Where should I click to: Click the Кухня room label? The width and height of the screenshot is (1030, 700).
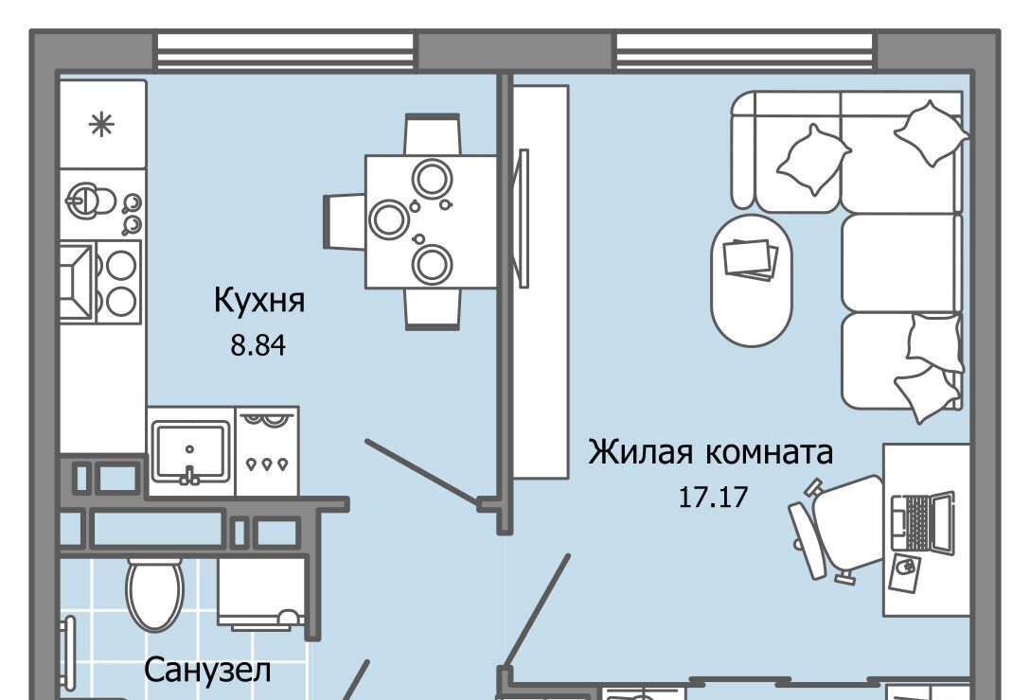259,302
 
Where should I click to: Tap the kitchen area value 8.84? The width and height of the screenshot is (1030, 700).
258,344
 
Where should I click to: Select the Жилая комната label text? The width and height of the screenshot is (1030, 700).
710,452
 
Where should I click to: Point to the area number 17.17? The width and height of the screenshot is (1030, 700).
713,497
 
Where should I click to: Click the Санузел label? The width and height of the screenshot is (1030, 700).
207,671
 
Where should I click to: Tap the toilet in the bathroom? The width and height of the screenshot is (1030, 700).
154,594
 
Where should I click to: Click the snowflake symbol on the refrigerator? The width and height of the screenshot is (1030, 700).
102,124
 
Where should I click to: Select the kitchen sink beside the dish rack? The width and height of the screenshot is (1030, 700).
190,452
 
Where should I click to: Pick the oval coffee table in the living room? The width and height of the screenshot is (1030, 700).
752,280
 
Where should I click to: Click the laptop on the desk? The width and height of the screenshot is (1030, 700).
922,521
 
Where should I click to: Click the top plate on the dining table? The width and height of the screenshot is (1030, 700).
433,177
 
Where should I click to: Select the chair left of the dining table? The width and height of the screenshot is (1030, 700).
345,221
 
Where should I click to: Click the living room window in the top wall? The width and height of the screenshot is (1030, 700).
745,50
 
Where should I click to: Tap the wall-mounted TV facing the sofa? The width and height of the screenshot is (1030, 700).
524,218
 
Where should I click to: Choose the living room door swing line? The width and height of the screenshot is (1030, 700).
537,611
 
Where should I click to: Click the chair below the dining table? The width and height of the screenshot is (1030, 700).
433,308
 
